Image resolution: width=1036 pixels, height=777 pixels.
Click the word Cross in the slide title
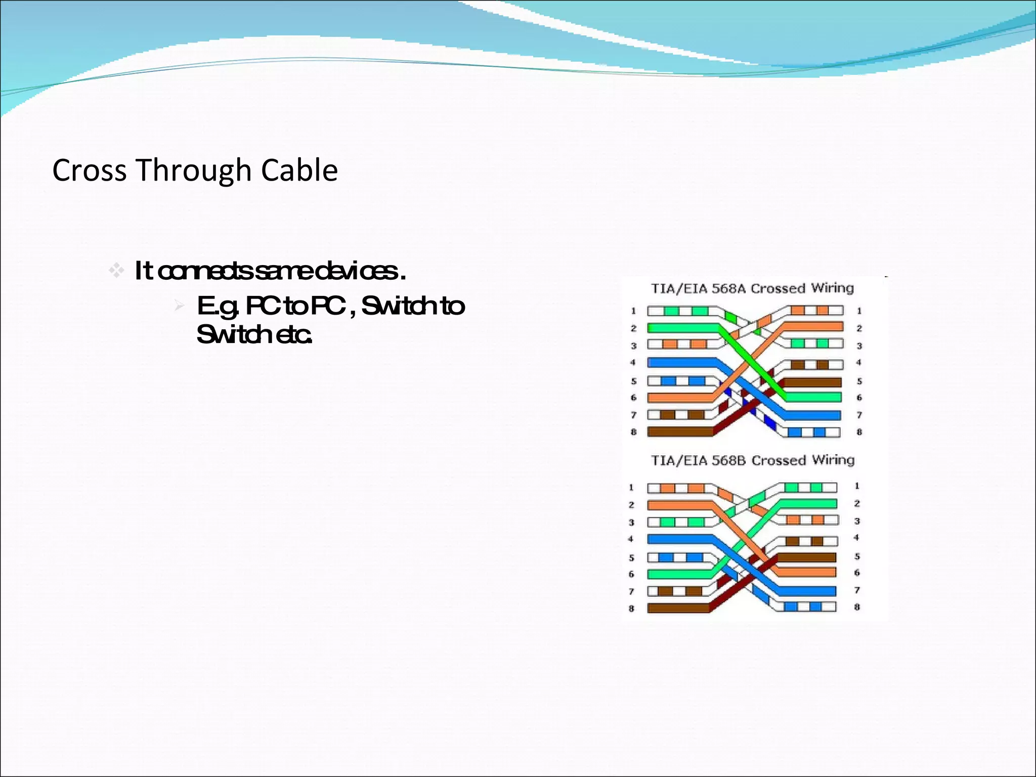(x=89, y=170)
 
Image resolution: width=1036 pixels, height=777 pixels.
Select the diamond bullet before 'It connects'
(x=116, y=271)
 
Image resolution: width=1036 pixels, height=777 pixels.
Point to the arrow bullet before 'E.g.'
(x=179, y=306)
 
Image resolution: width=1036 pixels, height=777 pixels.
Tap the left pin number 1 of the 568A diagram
(x=633, y=311)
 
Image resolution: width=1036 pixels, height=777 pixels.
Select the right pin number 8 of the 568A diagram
(x=859, y=432)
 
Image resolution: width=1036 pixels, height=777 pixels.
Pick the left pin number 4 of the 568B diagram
(x=631, y=539)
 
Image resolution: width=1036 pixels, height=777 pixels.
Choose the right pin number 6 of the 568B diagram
(x=857, y=573)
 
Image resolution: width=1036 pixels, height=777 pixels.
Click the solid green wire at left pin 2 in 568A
(x=680, y=328)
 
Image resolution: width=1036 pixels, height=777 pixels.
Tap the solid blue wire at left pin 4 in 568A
(x=680, y=363)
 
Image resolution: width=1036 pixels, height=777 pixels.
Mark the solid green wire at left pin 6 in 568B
(x=678, y=574)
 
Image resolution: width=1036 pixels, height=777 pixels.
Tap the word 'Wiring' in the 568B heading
(x=833, y=460)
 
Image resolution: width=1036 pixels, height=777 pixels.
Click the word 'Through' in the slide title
(x=194, y=170)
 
